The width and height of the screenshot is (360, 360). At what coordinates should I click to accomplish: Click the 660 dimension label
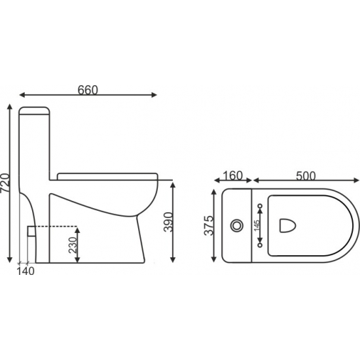click(x=88, y=90)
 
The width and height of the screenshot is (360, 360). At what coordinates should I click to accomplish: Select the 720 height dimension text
click(x=5, y=183)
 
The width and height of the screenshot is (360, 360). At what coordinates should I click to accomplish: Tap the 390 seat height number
click(x=168, y=222)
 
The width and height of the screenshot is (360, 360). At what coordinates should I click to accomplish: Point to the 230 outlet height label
click(x=73, y=245)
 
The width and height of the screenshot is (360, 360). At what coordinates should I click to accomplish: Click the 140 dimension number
click(x=26, y=271)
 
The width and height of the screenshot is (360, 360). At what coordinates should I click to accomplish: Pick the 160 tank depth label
click(x=233, y=175)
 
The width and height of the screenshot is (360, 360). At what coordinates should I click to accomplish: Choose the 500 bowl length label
click(x=306, y=176)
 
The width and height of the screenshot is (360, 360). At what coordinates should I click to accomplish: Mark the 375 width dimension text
click(x=209, y=225)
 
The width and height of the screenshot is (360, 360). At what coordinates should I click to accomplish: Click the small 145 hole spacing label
click(x=257, y=225)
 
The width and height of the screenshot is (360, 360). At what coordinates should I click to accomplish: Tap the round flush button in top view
click(x=237, y=225)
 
